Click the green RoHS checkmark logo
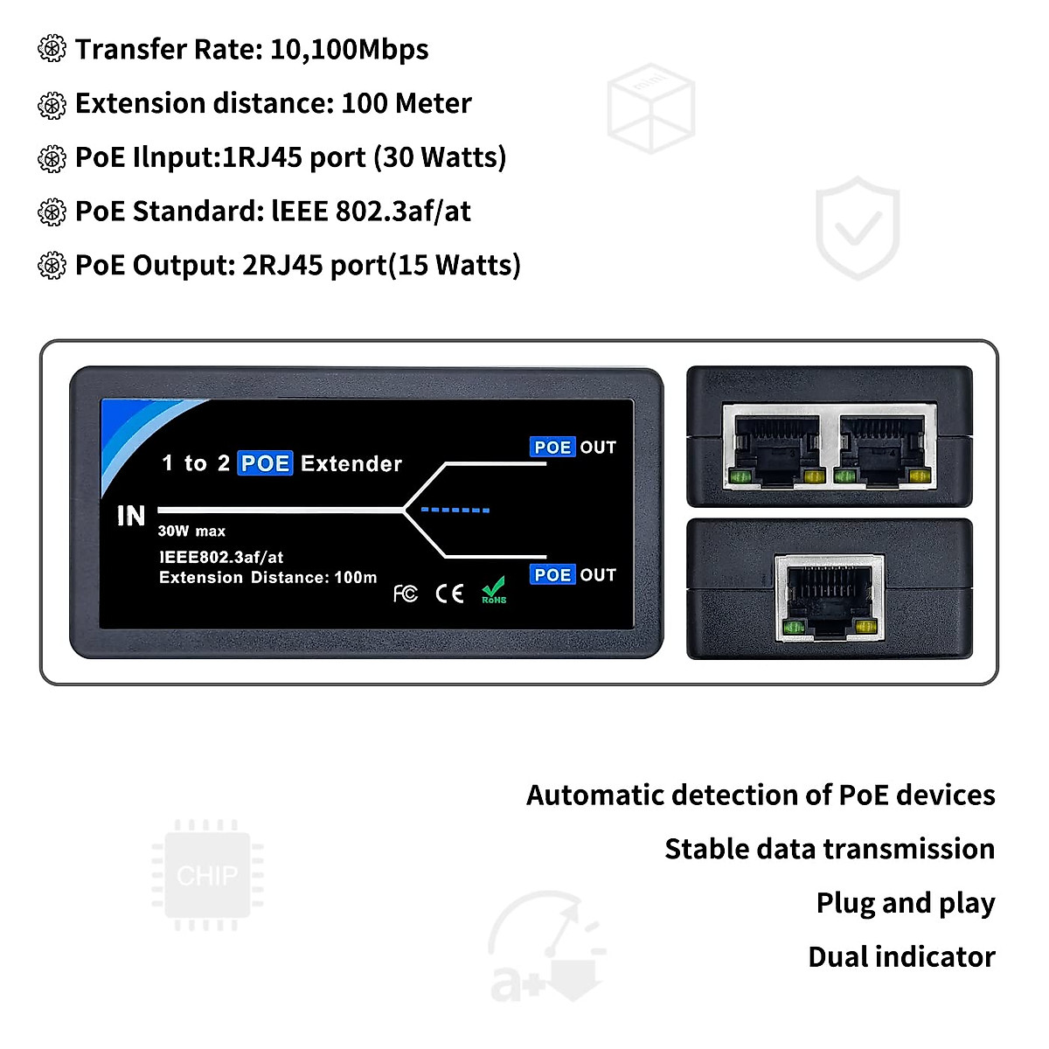point(494,590)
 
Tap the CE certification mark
point(449,594)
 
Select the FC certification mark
point(405,594)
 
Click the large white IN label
point(131,516)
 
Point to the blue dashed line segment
point(455,510)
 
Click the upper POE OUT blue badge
point(552,448)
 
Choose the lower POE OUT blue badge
point(552,575)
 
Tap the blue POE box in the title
point(265,463)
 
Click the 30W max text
point(191,531)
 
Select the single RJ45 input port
point(830,598)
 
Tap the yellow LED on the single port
point(865,626)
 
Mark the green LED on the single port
point(795,626)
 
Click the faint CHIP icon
point(207,875)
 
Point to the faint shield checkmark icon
point(857,228)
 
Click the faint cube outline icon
point(651,108)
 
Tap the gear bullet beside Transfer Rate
point(52,50)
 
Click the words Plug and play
point(906,903)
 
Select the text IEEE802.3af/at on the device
point(221,557)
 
